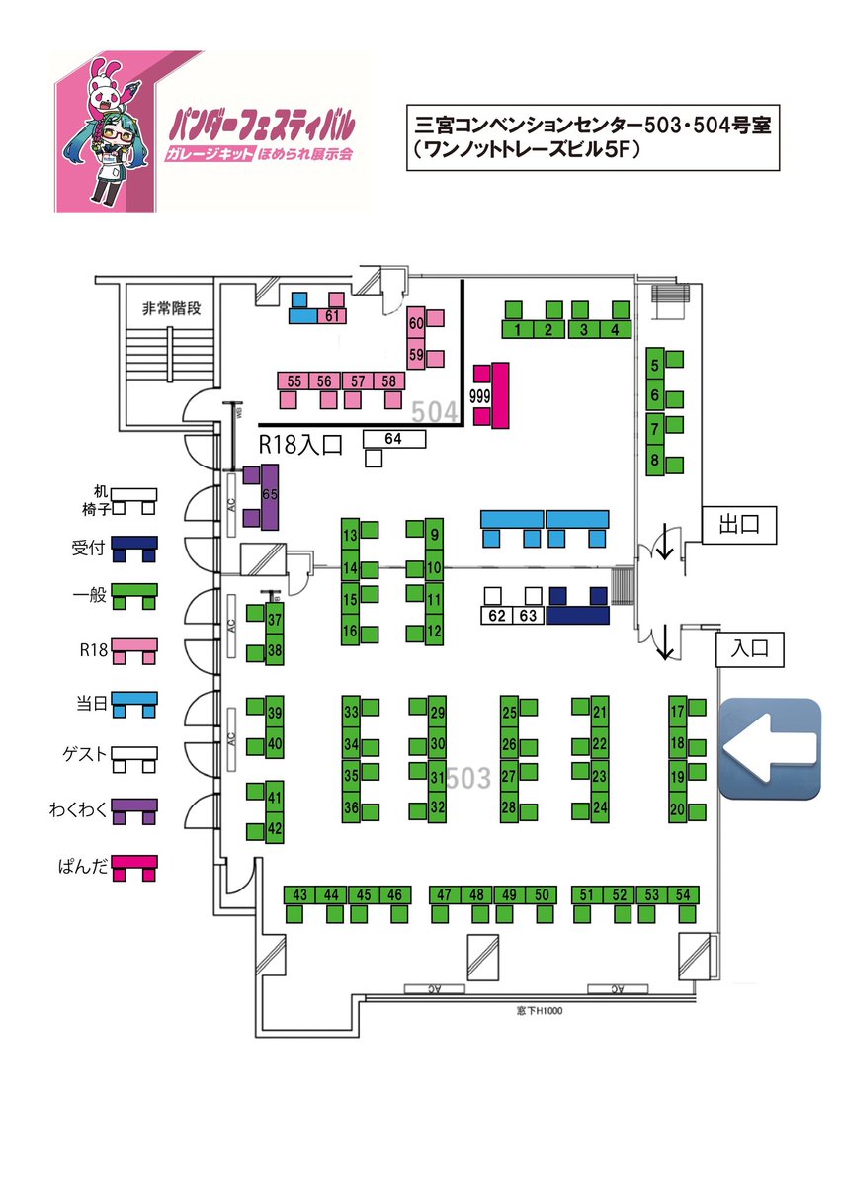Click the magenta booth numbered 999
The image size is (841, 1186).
[500, 395]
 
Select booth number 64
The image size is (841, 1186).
[394, 439]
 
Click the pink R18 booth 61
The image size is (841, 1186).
[333, 316]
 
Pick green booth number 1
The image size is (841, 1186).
[519, 329]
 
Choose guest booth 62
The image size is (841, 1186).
[497, 615]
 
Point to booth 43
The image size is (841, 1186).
[300, 895]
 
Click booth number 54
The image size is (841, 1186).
[683, 895]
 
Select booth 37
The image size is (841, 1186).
[275, 621]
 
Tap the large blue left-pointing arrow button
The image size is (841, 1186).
[770, 748]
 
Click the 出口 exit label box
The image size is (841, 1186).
[740, 526]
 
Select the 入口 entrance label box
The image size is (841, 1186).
[750, 649]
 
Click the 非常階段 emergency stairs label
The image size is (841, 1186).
[171, 308]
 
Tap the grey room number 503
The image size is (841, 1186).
[467, 778]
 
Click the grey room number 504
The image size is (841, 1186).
[434, 411]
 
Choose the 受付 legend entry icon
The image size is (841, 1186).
[134, 549]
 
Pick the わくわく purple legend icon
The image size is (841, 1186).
[134, 809]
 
